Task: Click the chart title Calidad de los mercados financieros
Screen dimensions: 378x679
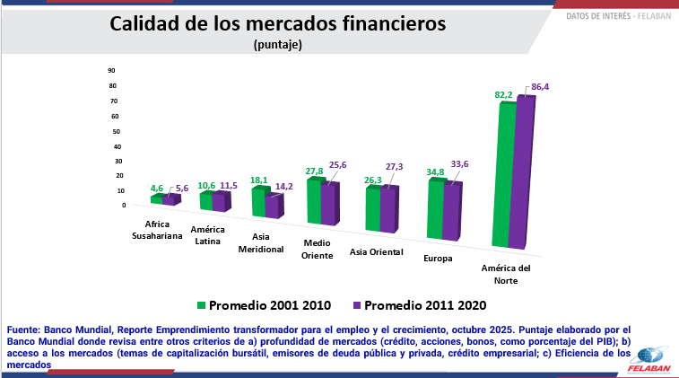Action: [277, 24]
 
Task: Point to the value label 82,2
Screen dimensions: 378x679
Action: [504, 94]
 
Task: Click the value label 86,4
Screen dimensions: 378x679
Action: [540, 87]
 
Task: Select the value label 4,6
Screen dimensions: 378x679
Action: [157, 189]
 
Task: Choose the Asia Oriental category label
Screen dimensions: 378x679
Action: [376, 251]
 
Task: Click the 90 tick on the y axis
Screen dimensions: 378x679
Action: [112, 70]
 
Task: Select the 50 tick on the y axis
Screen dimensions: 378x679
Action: [112, 131]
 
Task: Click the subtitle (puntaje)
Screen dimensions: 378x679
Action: [278, 44]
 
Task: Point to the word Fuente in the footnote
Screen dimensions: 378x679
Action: [25, 330]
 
